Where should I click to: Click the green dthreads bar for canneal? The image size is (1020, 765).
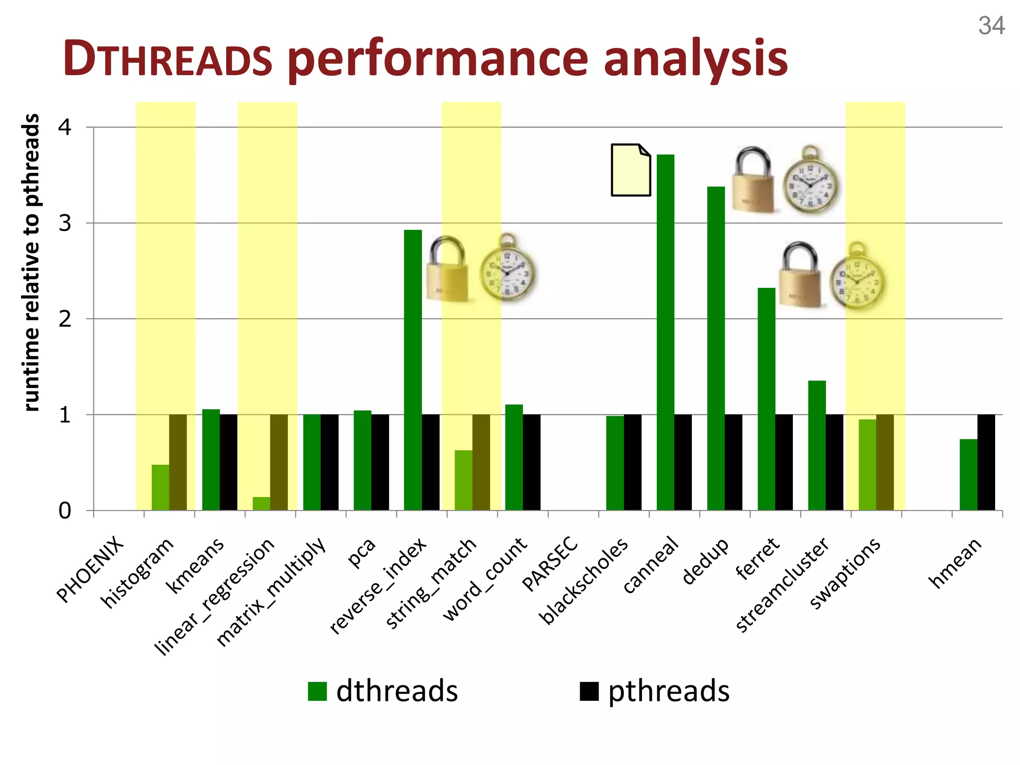(665, 332)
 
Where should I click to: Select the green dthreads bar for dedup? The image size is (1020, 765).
(716, 348)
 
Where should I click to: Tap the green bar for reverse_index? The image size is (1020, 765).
(412, 370)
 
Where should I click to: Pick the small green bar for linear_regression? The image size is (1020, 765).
(261, 504)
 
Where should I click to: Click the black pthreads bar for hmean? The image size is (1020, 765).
(986, 462)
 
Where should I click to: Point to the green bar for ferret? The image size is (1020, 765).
(766, 398)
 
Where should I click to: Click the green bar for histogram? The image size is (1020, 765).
(160, 487)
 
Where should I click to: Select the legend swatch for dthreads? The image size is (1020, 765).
(317, 691)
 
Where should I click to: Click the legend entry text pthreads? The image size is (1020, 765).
(668, 691)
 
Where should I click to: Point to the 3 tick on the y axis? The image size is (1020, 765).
(65, 223)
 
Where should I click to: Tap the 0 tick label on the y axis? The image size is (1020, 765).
(65, 511)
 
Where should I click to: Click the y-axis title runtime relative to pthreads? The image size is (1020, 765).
(31, 262)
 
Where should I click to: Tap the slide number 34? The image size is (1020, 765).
(991, 26)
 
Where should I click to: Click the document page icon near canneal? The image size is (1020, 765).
(631, 170)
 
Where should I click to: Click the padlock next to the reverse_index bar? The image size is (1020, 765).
(447, 269)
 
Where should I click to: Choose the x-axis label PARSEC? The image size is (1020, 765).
(551, 564)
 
